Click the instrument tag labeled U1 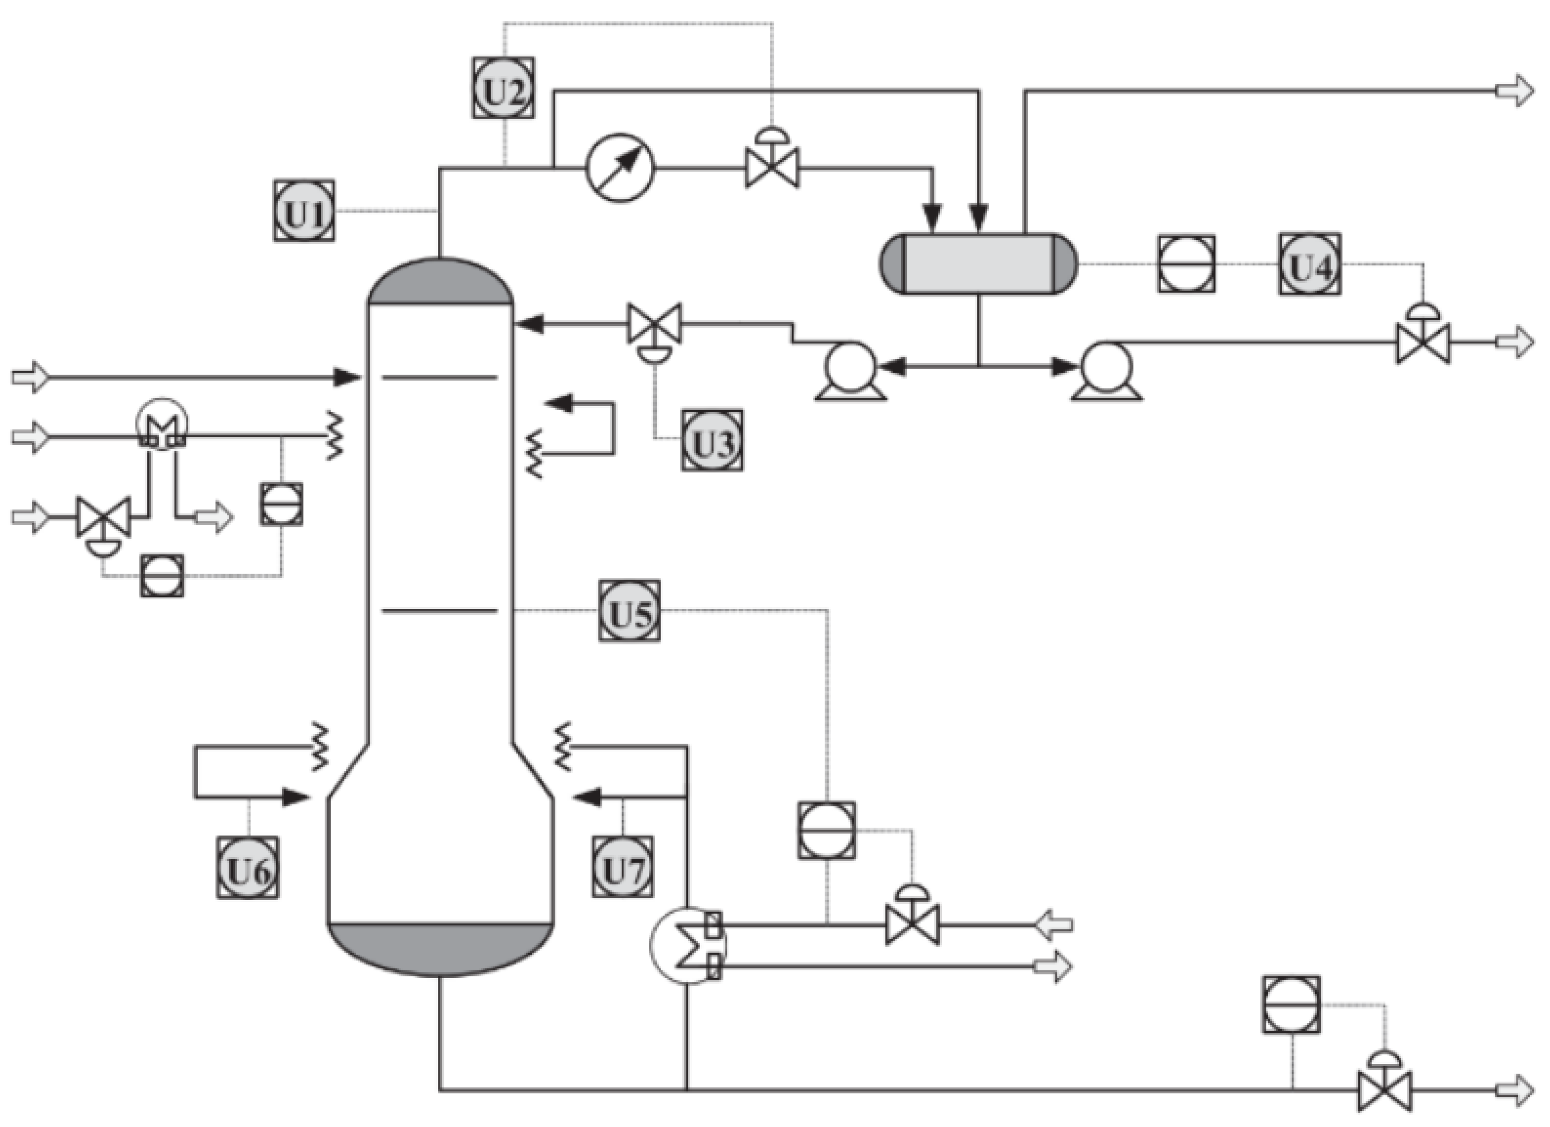pyautogui.click(x=304, y=211)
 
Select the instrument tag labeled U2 pyautogui.click(x=503, y=88)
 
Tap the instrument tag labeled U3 pyautogui.click(x=712, y=440)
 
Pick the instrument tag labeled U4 pyautogui.click(x=1309, y=264)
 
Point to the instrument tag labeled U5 pyautogui.click(x=630, y=611)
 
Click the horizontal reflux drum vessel pyautogui.click(x=978, y=264)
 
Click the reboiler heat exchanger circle pyautogui.click(x=687, y=946)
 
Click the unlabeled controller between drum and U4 pyautogui.click(x=1186, y=264)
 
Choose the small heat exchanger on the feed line pyautogui.click(x=162, y=425)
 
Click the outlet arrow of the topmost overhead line pyautogui.click(x=1514, y=90)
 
